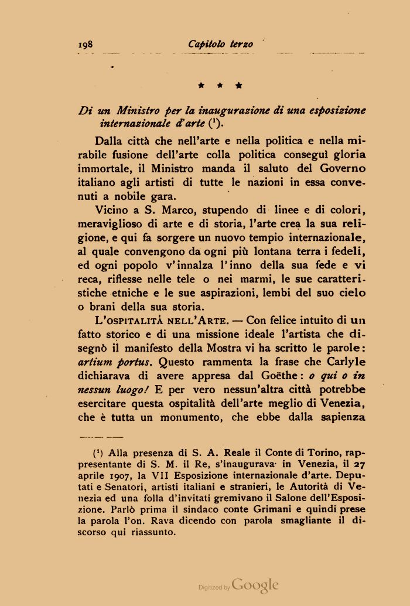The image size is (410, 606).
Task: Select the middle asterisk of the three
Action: [x=221, y=86]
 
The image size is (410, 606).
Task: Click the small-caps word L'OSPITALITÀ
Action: [x=126, y=321]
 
